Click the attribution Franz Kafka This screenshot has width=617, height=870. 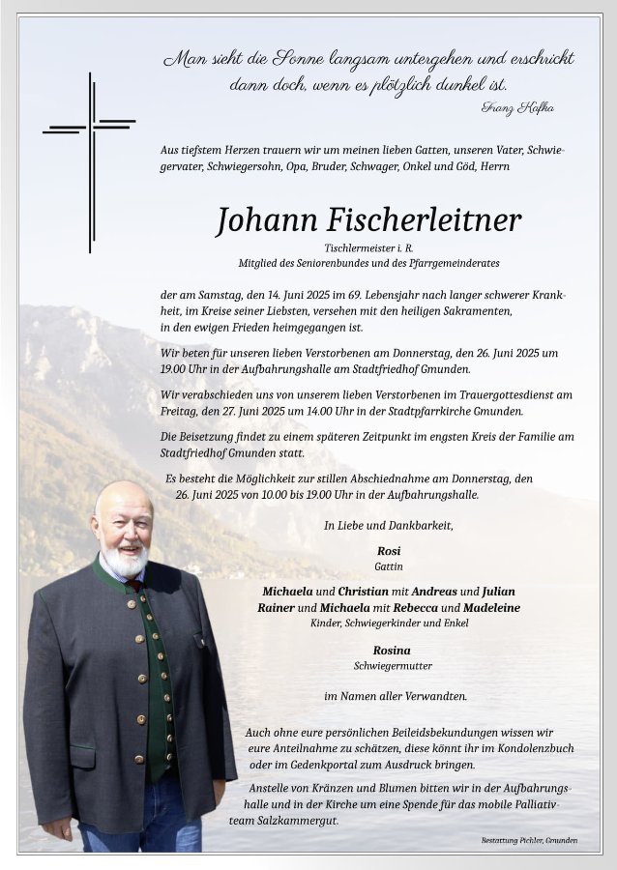click(x=517, y=107)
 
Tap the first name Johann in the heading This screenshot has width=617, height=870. click(x=262, y=221)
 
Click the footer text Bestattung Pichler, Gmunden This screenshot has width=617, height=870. click(x=529, y=840)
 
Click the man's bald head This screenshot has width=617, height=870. click(x=122, y=495)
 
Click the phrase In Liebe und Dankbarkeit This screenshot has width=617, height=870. click(x=389, y=526)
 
